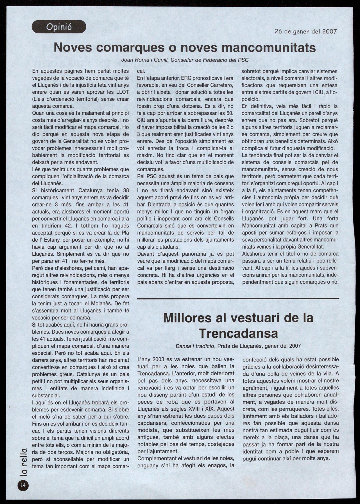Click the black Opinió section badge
point(59,27)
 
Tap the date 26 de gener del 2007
point(305,31)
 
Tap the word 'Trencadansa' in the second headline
point(238,333)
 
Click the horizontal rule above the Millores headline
point(238,298)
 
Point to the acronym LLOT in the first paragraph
point(121,92)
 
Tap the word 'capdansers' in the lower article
point(152,423)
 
